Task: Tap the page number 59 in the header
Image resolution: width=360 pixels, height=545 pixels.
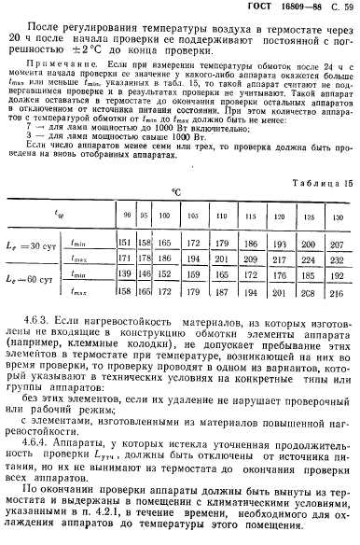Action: (344, 8)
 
